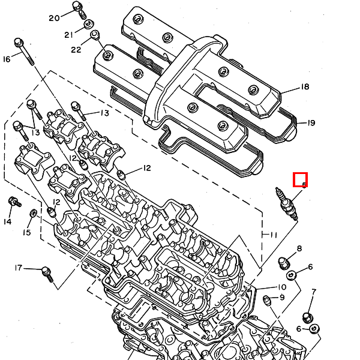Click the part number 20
coord(55,18)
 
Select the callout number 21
coord(68,34)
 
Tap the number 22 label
coord(76,49)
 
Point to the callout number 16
coord(7,59)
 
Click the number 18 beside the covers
coord(305,87)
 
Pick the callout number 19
coord(311,123)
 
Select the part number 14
coord(7,221)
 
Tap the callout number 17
coord(19,268)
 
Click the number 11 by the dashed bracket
coord(274,234)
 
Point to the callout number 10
coord(281,287)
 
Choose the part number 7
coord(313,292)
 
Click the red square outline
coord(300,179)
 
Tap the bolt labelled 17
coord(47,274)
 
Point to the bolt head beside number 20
coord(77,8)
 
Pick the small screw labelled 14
coord(11,203)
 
